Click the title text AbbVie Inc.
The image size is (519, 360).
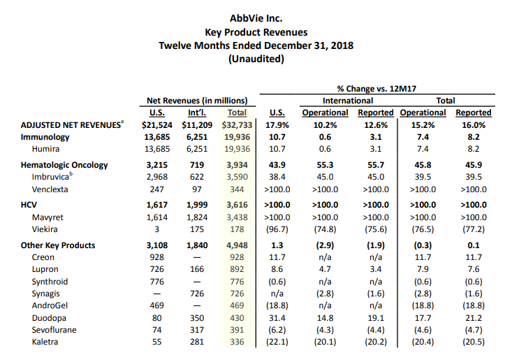point(256,18)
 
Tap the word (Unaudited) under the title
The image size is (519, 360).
point(256,59)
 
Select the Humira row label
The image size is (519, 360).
point(45,149)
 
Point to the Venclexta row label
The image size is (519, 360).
point(50,189)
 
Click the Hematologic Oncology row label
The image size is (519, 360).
point(64,165)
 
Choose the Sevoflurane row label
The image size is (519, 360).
point(54,330)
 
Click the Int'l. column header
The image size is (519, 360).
point(197,113)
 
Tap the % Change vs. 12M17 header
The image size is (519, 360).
point(377,89)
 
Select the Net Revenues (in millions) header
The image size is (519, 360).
point(197,101)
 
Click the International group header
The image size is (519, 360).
point(348,101)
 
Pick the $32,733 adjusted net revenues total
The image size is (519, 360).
point(237,125)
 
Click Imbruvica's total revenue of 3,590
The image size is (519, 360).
point(237,177)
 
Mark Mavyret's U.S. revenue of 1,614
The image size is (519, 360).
point(157,217)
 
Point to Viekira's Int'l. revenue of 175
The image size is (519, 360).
point(197,229)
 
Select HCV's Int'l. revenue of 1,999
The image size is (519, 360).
point(197,205)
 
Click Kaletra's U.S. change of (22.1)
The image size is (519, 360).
point(277,342)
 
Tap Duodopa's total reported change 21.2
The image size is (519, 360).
point(474,318)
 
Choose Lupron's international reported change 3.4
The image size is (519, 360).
point(376,269)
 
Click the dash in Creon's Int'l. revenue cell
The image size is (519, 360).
point(197,257)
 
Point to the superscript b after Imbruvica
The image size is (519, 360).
point(71,173)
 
